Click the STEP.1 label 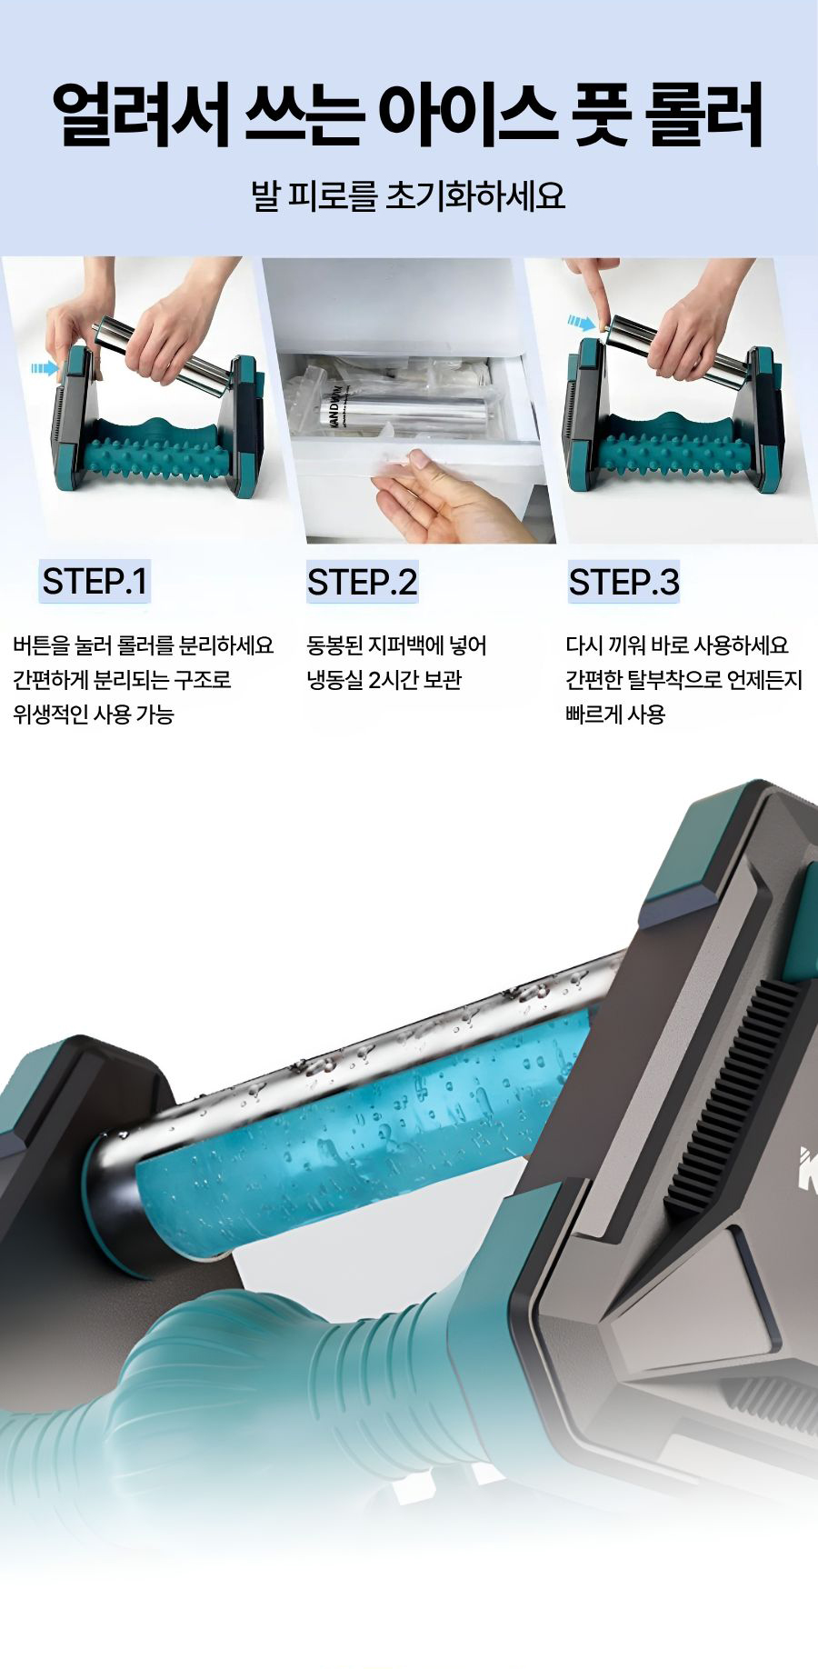tap(95, 581)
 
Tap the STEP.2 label tap(362, 582)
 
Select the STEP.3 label tap(623, 582)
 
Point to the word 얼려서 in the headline tap(141, 115)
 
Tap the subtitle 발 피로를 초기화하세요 tap(408, 196)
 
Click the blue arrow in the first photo tap(43, 367)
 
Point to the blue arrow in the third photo tap(582, 321)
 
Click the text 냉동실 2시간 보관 tap(384, 680)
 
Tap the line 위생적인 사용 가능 tap(93, 715)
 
